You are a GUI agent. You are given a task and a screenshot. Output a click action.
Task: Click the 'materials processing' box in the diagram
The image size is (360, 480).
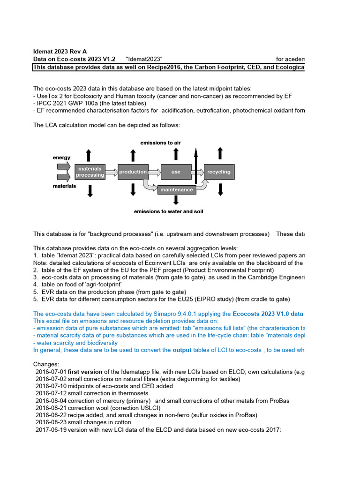pos(90,172)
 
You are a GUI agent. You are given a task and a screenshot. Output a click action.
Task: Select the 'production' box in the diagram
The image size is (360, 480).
pos(133,172)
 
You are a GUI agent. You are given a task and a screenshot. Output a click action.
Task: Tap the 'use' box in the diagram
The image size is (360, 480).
pos(176,172)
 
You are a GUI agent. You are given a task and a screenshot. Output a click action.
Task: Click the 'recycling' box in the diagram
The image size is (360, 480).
pos(219,172)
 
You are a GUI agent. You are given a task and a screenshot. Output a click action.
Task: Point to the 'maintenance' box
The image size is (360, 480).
pos(176,190)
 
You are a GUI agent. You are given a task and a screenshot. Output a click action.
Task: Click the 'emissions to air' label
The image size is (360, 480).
pos(160,142)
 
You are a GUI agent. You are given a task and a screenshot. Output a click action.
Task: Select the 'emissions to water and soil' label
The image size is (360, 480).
pos(168,211)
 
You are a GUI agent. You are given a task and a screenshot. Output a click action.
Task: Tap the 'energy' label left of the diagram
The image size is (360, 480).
pos(61,158)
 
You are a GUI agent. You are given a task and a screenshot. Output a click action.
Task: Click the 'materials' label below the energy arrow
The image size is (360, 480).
pos(64,186)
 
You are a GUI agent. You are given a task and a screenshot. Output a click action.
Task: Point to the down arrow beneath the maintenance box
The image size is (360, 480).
pos(176,200)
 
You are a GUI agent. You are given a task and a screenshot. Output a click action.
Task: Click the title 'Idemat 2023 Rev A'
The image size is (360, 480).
pos(60,52)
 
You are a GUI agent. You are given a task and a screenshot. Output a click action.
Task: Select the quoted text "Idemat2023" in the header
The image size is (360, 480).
pos(144,59)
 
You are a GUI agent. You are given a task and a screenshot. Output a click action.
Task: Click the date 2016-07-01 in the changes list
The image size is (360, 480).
pos(51,372)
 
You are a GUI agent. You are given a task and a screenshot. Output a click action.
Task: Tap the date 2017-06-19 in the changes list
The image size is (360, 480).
pos(51,429)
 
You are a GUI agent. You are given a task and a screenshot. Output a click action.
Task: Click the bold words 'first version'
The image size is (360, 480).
pos(85,372)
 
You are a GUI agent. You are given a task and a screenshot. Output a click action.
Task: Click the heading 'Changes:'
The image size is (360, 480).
pos(46,364)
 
